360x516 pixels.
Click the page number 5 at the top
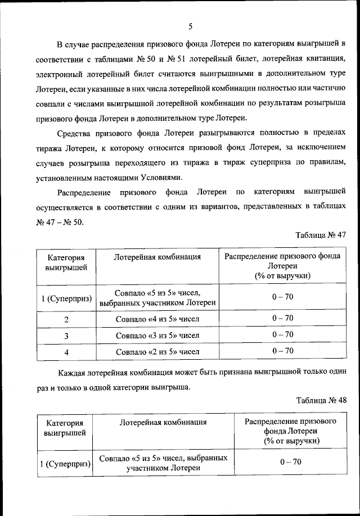tap(191, 26)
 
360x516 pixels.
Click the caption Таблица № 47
tap(320, 236)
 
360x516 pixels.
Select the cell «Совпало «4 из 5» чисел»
tap(157, 319)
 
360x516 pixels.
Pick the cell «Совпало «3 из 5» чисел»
tap(157, 336)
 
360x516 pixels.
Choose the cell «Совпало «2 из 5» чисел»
tap(157, 352)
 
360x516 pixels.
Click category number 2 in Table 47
tap(66, 319)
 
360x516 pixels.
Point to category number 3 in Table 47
tap(66, 336)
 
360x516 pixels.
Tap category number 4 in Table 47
tap(66, 352)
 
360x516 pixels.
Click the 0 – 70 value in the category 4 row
tap(282, 351)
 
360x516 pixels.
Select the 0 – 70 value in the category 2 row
tap(282, 318)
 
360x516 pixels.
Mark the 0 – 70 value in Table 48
tap(291, 461)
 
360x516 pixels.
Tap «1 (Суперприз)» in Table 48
tap(66, 464)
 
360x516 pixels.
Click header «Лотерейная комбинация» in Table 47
tap(157, 257)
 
